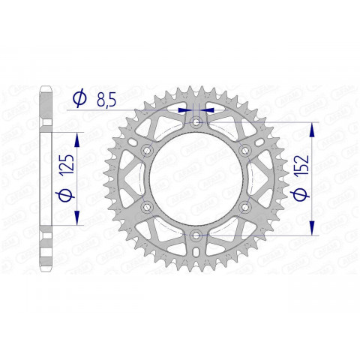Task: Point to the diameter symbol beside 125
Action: [66, 199]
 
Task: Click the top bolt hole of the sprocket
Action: [196, 121]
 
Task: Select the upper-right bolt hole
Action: [245, 150]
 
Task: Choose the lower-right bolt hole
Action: [245, 207]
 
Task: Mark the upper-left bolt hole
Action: [147, 150]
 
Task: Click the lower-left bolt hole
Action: [147, 207]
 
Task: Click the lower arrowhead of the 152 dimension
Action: [313, 228]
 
